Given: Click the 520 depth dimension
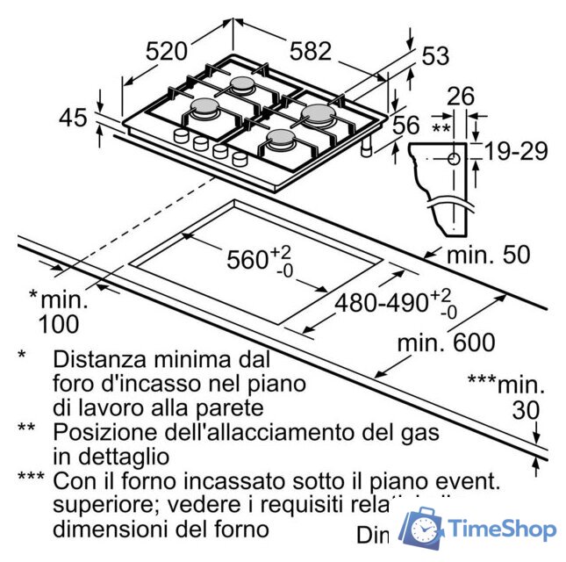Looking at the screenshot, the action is [x=167, y=51].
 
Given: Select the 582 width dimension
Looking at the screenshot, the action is [x=311, y=51].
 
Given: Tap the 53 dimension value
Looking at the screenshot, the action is [x=435, y=56].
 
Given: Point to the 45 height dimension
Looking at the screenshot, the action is [x=74, y=116].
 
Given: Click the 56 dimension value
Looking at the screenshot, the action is [x=405, y=126].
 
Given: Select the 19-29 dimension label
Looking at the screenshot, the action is [x=516, y=151].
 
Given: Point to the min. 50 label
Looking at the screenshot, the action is [x=488, y=256].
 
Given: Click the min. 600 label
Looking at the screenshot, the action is [x=446, y=342].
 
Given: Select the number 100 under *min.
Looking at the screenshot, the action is [x=58, y=324].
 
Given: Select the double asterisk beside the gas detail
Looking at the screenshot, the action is [x=441, y=128].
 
